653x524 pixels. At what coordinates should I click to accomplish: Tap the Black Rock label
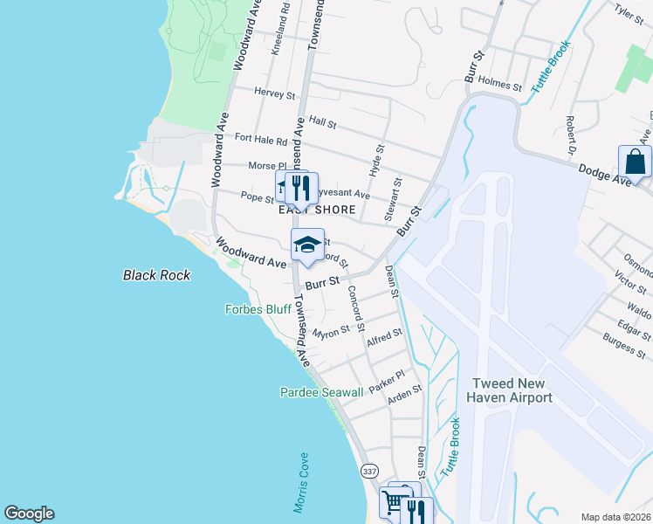pos(156,275)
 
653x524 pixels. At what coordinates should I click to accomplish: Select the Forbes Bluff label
pos(258,309)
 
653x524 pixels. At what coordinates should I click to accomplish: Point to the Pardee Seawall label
pos(320,393)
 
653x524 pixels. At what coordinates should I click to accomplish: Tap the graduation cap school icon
pos(307,245)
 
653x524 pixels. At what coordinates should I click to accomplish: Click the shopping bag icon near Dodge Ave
pos(635,162)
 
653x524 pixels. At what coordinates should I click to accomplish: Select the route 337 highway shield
pos(369,471)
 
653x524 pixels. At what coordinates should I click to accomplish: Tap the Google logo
pos(30,514)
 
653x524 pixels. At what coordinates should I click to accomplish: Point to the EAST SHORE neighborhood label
pos(317,210)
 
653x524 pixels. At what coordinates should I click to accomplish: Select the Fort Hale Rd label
pos(260,140)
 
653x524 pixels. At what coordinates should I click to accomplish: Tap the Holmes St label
pos(499,83)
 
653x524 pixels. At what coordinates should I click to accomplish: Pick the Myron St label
pos(331,332)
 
